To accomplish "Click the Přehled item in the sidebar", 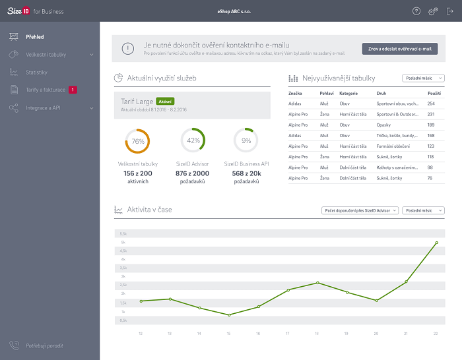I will (35, 37).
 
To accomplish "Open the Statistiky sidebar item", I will (36, 72).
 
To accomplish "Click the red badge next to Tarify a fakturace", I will (73, 90).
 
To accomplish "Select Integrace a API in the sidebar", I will (43, 107).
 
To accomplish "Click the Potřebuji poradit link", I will (45, 345).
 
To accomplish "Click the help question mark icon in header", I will (416, 11).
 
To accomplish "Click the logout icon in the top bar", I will (450, 11).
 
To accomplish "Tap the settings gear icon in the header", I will (433, 11).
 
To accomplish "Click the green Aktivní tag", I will (165, 102).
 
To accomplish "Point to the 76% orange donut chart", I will (137, 140).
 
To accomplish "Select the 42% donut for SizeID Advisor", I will (193, 140).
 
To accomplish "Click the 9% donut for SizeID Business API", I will (246, 140).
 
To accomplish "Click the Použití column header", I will (434, 94).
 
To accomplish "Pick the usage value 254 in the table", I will (431, 104).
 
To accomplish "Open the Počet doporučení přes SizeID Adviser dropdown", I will (360, 210).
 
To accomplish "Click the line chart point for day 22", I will (436, 243).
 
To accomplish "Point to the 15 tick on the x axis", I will (229, 334).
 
